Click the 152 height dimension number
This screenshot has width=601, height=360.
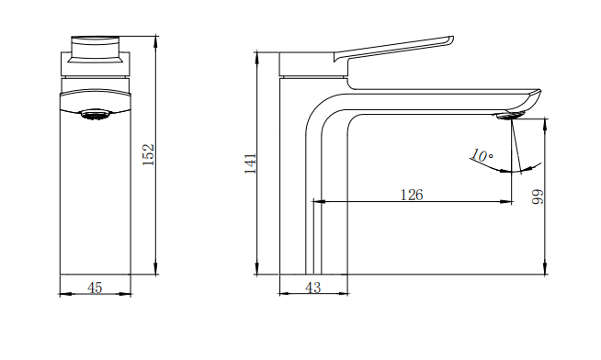[148, 154]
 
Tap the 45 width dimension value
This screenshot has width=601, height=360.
[95, 287]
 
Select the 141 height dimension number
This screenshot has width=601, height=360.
[250, 163]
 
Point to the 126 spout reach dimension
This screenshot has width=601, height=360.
[412, 195]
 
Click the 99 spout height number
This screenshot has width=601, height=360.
[539, 197]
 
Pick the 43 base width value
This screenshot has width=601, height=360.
[313, 287]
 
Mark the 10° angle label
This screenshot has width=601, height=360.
[482, 155]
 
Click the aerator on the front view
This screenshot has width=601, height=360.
[96, 115]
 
